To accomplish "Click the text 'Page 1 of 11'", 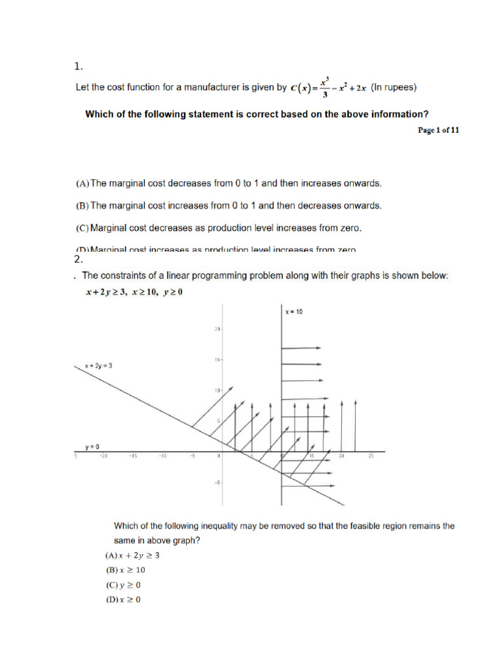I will coord(438,130).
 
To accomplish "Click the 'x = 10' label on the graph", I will coord(294,312).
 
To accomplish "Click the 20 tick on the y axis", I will coord(216,329).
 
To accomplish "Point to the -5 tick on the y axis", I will coord(217,483).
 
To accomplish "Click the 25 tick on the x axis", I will coord(371,457).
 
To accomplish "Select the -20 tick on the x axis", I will coord(103,457).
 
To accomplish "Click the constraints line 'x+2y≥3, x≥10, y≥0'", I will coord(134,292).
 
